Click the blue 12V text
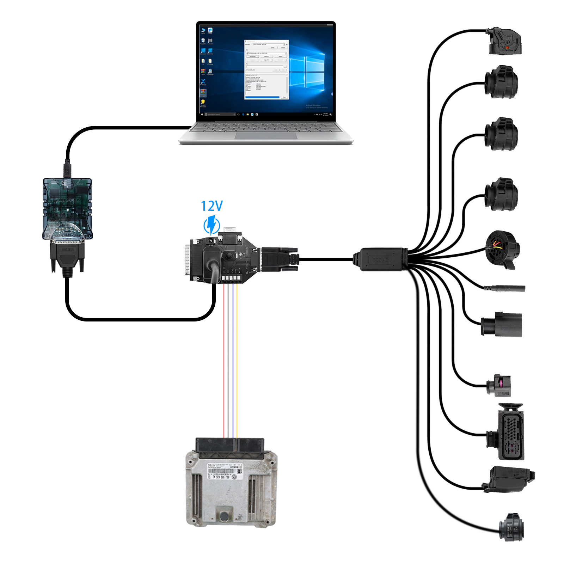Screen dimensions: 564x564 [211, 206]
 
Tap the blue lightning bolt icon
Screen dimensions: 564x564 [212, 225]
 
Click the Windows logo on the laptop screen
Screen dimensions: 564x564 [307, 72]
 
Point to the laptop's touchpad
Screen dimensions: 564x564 [266, 136]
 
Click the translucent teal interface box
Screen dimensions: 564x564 [67, 208]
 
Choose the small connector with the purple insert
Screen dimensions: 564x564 [499, 385]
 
